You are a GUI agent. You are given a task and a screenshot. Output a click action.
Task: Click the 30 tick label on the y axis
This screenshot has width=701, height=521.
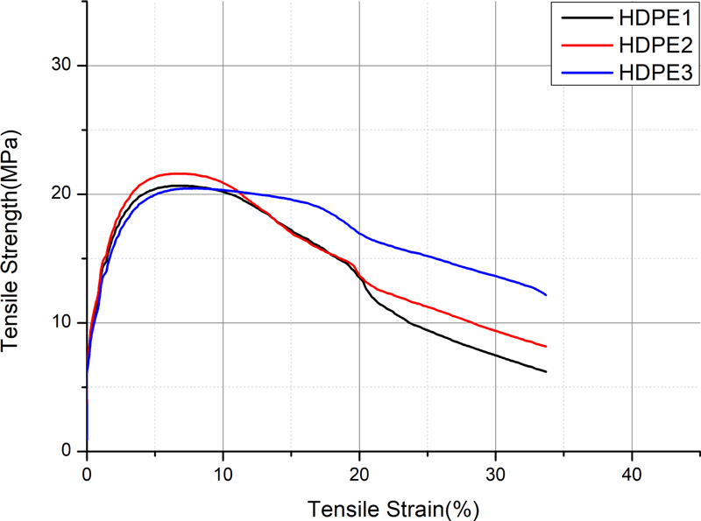point(61,66)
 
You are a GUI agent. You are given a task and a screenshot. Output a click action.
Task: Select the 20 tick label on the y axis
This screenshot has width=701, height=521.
point(61,194)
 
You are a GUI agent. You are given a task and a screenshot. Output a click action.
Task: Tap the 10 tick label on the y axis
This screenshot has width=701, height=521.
point(61,323)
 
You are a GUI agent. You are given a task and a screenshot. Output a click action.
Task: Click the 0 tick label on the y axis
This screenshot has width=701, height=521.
point(67,452)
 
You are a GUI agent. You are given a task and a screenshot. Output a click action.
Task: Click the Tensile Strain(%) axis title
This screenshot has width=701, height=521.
point(393,506)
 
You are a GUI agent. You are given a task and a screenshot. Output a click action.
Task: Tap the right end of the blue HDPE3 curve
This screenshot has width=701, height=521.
point(546,294)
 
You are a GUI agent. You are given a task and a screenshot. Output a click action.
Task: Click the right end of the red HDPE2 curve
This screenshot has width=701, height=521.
point(546,347)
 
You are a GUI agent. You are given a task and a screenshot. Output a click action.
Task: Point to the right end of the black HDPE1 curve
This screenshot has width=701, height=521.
point(546,372)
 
